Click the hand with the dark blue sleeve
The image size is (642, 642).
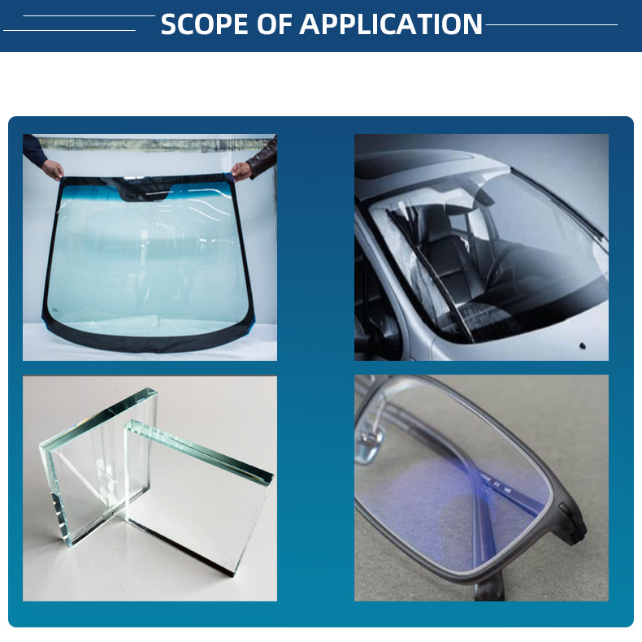pos(52,169)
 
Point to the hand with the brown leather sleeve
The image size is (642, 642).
pos(242,171)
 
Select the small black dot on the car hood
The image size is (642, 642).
pos(582,347)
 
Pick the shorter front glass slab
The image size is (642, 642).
pos(199,496)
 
